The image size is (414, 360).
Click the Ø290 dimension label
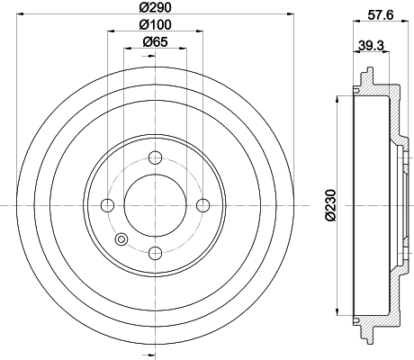click(155, 7)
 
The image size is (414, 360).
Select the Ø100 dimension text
click(155, 24)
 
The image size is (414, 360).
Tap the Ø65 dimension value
click(155, 41)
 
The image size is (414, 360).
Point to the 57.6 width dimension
click(381, 15)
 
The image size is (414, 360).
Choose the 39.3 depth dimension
click(371, 46)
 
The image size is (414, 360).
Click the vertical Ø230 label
click(331, 205)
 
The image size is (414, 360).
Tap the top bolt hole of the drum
click(155, 157)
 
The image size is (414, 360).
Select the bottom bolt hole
click(155, 253)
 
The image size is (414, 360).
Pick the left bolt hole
click(108, 205)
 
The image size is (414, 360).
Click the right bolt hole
click(202, 205)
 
